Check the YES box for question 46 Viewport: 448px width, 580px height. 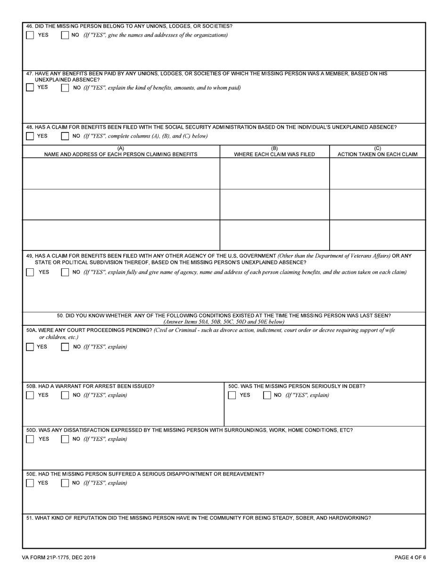(30, 35)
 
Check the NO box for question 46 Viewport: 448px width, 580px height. (66, 35)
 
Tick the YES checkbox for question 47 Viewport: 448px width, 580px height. (30, 88)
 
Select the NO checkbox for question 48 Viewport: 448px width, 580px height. (66, 136)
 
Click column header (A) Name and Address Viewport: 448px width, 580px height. (121, 152)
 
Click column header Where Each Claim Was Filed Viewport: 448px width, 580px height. (274, 152)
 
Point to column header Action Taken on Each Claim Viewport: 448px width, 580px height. (377, 152)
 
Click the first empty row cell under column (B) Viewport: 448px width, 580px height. (274, 174)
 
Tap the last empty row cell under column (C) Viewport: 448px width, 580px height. (377, 235)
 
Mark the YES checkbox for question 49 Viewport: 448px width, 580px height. (30, 272)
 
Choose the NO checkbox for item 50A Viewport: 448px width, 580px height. (66, 347)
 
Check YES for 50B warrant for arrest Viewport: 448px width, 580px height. (30, 395)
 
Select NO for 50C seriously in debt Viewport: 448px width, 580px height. (267, 395)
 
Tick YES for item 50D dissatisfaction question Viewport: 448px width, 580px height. (30, 439)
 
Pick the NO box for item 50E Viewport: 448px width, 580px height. (66, 483)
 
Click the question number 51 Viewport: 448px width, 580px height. (29, 518)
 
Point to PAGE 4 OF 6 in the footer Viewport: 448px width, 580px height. (410, 557)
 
